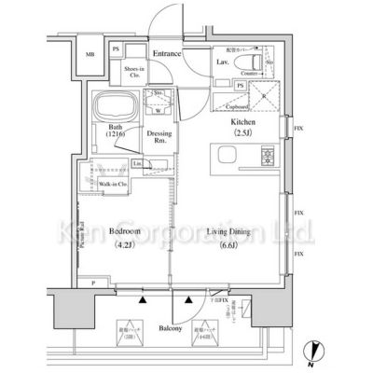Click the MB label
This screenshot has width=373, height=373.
[x=90, y=54]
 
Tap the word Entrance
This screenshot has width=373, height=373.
[x=167, y=55]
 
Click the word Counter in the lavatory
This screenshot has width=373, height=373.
[x=248, y=71]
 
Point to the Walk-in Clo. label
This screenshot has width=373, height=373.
[x=112, y=185]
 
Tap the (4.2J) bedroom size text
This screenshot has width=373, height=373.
[x=125, y=246]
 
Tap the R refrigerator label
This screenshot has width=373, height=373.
[x=263, y=97]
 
